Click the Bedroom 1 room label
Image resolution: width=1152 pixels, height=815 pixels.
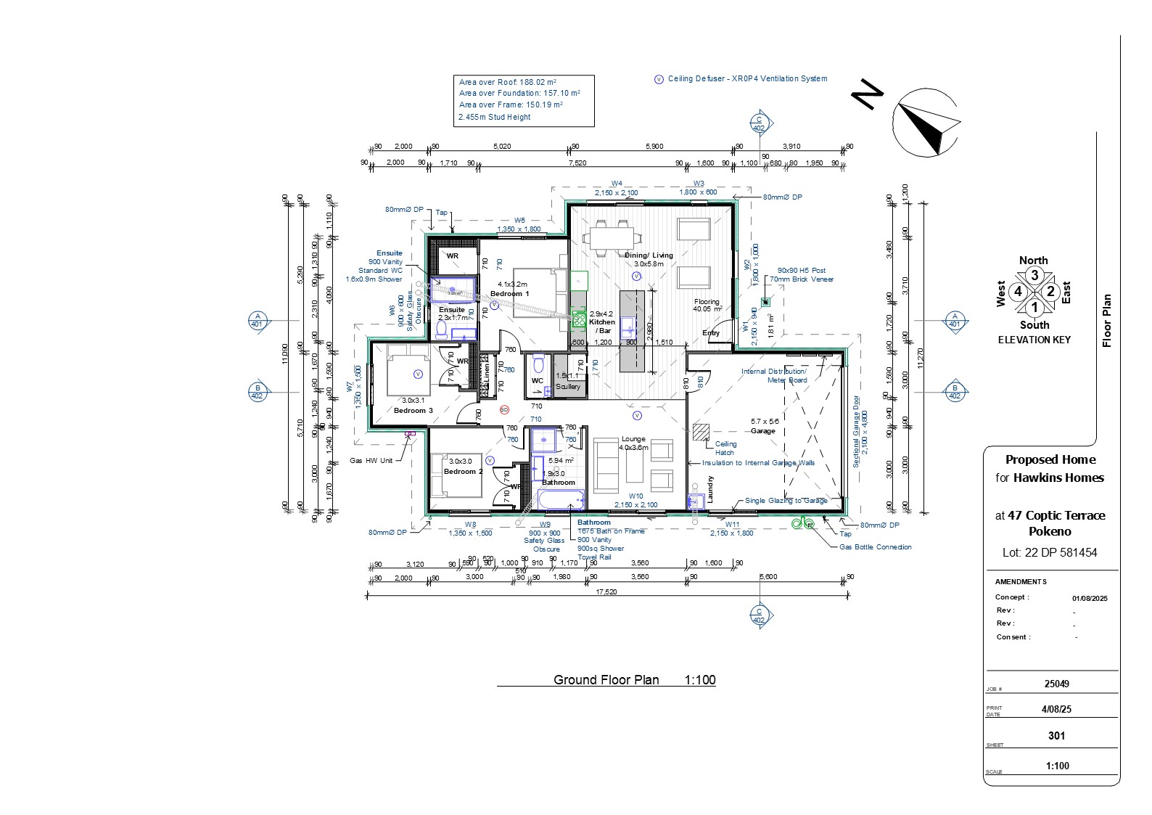pyautogui.click(x=509, y=294)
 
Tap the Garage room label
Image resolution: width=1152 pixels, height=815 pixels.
pyautogui.click(x=762, y=431)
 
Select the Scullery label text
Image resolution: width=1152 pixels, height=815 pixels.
pyautogui.click(x=568, y=387)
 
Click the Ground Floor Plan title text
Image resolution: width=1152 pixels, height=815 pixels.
pyautogui.click(x=606, y=680)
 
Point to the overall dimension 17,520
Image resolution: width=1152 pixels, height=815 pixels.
pyautogui.click(x=606, y=591)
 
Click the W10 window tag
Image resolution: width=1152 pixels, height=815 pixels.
pyautogui.click(x=635, y=496)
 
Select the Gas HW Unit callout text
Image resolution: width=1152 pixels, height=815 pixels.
pyautogui.click(x=371, y=461)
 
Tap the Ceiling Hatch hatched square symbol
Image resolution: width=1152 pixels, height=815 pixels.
pyautogui.click(x=701, y=432)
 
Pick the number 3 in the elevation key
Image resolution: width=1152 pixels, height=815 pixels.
pyautogui.click(x=1034, y=275)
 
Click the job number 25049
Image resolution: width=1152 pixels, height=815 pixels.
pyautogui.click(x=1056, y=684)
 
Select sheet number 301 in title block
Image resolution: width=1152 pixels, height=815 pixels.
pyautogui.click(x=1056, y=736)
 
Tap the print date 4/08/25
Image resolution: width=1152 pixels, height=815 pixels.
pyautogui.click(x=1057, y=709)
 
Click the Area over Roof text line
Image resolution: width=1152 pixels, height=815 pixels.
pyautogui.click(x=507, y=82)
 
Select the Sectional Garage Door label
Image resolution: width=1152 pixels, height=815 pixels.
pyautogui.click(x=856, y=432)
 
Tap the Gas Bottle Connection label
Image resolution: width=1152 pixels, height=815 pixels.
pyautogui.click(x=875, y=547)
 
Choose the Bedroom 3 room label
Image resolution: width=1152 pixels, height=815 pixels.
pyautogui.click(x=413, y=411)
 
